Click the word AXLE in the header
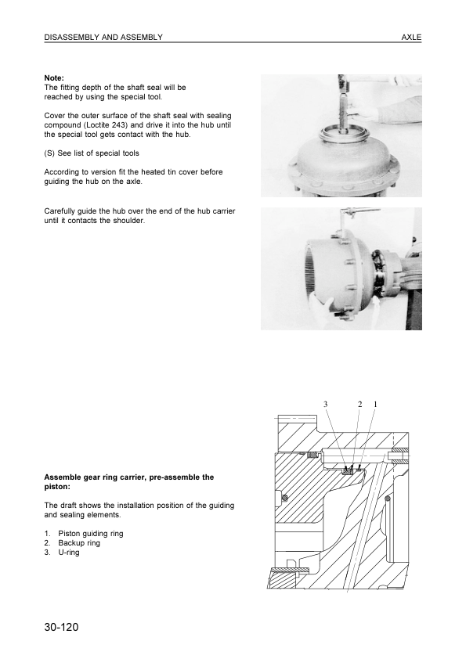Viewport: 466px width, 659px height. pos(411,37)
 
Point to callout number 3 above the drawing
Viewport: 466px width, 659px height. pos(325,404)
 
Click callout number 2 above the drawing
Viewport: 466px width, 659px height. pos(360,404)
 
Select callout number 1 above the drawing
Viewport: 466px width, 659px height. pos(375,404)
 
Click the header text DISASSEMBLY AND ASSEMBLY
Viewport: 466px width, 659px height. pos(103,37)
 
